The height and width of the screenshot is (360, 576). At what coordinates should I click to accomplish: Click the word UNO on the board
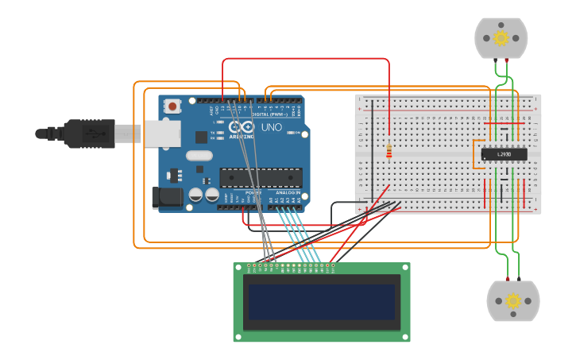272,127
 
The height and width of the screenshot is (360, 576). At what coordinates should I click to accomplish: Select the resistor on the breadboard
389,150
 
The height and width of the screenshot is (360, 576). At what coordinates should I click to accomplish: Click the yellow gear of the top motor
501,37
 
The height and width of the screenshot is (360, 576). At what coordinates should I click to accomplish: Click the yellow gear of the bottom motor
513,301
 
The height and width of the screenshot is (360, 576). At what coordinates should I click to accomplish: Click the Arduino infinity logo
242,127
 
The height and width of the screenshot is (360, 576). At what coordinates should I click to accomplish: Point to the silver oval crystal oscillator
199,157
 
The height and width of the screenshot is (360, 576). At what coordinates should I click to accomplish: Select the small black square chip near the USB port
202,137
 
